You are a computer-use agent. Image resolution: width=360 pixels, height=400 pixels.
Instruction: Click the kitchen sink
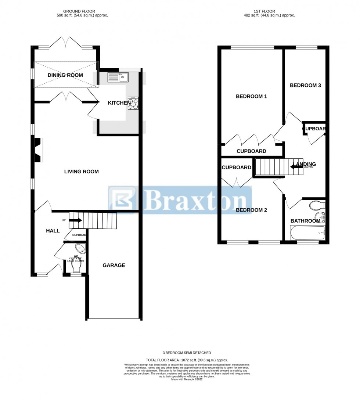coord(118,77)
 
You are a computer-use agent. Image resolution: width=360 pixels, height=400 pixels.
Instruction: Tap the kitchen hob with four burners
coord(133,103)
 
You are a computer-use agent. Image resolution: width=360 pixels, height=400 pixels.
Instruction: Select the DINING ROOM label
coord(65,75)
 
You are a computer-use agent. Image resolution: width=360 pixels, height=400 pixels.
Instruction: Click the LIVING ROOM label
coord(81,172)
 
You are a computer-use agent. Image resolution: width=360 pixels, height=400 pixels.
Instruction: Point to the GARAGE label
coord(114,265)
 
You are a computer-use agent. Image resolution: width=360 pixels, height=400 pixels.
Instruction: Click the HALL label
coord(53,231)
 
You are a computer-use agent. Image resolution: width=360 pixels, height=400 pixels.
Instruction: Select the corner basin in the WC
coord(81,249)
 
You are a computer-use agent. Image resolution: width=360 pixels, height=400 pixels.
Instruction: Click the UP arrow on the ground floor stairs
coord(75,220)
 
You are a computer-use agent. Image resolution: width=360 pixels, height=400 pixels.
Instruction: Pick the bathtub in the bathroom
coord(307,233)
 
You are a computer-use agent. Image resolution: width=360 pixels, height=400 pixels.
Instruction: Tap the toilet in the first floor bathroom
coord(317,205)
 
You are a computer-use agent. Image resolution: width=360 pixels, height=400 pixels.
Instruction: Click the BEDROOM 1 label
coord(251,97)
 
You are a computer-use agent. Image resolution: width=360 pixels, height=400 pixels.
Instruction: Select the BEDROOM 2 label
coord(251,210)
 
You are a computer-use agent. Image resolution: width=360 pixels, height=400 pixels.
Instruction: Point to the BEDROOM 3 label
coord(305,86)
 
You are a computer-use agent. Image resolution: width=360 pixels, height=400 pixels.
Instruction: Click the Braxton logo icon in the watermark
coord(123,200)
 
